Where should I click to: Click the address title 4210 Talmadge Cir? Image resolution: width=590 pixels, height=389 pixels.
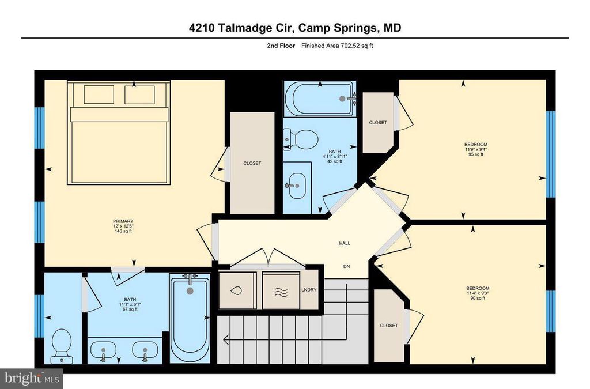pyautogui.click(x=294, y=28)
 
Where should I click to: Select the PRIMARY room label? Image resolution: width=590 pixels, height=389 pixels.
pyautogui.click(x=123, y=221)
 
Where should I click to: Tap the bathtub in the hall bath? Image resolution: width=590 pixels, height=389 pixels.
pyautogui.click(x=319, y=99)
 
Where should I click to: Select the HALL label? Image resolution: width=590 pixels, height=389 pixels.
pyautogui.click(x=345, y=243)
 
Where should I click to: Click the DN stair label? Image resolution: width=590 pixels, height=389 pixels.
pyautogui.click(x=346, y=266)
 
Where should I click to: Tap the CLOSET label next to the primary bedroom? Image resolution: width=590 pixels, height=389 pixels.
pyautogui.click(x=252, y=163)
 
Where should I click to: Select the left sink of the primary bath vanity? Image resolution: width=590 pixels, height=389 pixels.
pyautogui.click(x=104, y=351)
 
